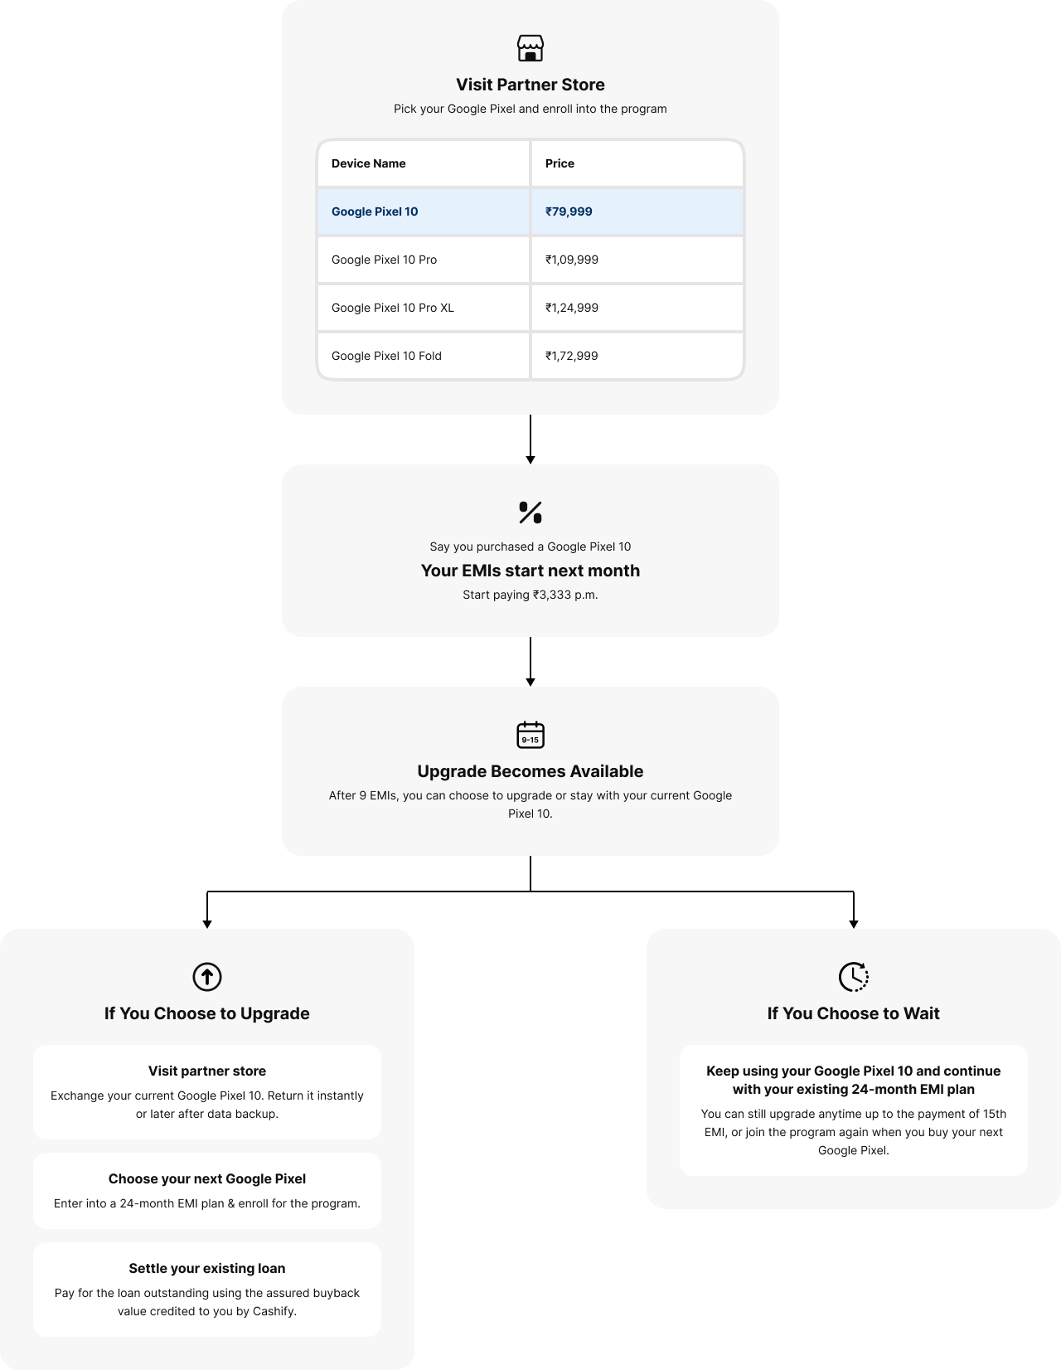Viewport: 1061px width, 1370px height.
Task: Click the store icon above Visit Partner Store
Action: tap(530, 48)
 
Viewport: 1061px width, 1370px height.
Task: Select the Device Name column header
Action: tap(369, 163)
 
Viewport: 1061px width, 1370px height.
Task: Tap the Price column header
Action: tap(560, 163)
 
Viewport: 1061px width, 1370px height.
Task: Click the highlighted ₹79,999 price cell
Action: tap(569, 211)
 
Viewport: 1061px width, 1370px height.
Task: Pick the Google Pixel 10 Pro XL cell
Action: tap(393, 308)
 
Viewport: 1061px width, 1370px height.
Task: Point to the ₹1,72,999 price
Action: tap(571, 356)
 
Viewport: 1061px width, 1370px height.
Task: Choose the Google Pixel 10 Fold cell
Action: tap(386, 356)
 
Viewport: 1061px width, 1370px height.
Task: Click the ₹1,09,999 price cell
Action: tap(571, 260)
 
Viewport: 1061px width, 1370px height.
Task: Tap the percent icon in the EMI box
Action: tap(530, 513)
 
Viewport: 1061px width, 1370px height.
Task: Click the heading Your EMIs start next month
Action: tap(530, 571)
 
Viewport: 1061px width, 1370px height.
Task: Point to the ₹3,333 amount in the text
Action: tap(553, 595)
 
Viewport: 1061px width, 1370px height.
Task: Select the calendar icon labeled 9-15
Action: tap(530, 735)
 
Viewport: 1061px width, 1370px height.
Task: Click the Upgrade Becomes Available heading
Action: tap(530, 771)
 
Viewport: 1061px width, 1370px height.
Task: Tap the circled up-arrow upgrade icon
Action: tap(207, 976)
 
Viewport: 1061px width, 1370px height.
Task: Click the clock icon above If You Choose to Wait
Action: tap(854, 976)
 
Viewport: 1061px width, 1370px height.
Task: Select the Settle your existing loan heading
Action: tap(207, 1268)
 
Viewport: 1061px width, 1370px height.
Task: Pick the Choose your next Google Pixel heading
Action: tap(207, 1178)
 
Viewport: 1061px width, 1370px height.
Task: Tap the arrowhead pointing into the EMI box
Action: tap(530, 459)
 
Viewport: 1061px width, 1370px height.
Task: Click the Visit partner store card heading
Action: tap(207, 1071)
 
